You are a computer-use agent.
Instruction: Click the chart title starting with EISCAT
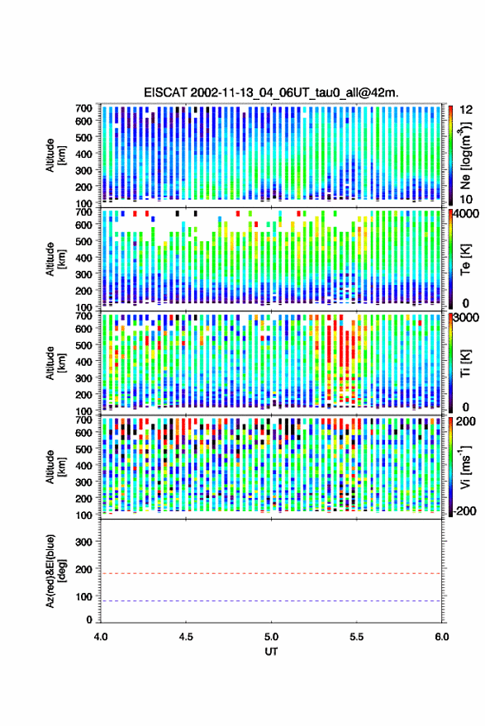271,93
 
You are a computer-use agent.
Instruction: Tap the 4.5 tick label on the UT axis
186,637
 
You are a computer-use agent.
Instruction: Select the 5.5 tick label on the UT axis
356,637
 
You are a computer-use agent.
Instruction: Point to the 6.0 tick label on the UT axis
441,637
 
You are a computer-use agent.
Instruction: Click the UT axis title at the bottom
271,652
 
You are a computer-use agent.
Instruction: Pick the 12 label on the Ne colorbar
466,110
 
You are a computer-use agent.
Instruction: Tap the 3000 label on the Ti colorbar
466,318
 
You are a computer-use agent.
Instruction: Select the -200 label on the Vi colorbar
464,511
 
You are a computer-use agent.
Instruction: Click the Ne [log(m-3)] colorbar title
465,155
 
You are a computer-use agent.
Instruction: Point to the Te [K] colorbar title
465,259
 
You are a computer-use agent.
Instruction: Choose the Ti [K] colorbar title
465,363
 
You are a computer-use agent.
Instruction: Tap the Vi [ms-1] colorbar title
465,467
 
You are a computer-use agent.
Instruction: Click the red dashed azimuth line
271,573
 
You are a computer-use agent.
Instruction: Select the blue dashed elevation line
271,601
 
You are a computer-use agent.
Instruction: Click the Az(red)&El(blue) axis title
55,571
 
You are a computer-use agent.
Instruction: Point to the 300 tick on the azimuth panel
83,542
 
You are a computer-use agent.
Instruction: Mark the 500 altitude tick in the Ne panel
83,137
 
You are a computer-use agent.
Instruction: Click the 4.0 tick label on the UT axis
101,637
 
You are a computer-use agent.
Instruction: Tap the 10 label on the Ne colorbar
466,200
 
